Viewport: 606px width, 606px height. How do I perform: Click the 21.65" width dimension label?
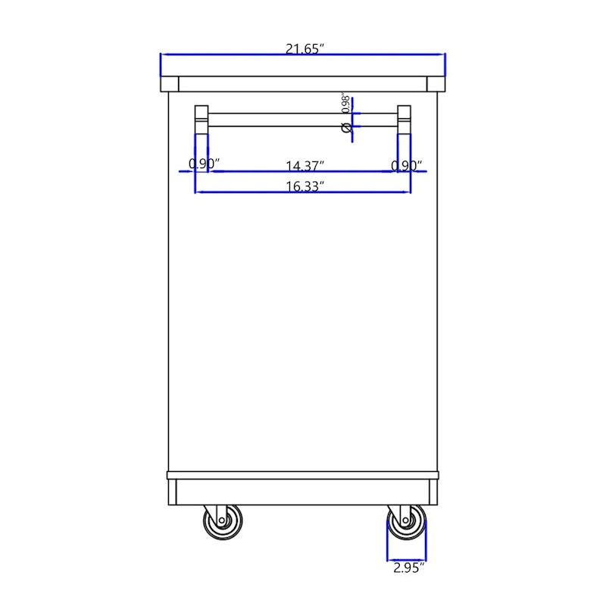pos(305,49)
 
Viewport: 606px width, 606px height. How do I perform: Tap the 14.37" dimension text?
pos(305,166)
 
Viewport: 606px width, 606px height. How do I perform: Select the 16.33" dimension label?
pos(305,186)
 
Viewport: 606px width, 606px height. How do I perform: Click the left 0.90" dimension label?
pos(204,164)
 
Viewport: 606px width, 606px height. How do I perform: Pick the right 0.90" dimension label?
pos(407,166)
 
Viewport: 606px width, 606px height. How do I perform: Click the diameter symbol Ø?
pos(347,127)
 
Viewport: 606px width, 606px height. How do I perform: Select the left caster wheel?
pos(223,521)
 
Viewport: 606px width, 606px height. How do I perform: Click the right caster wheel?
pos(407,521)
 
